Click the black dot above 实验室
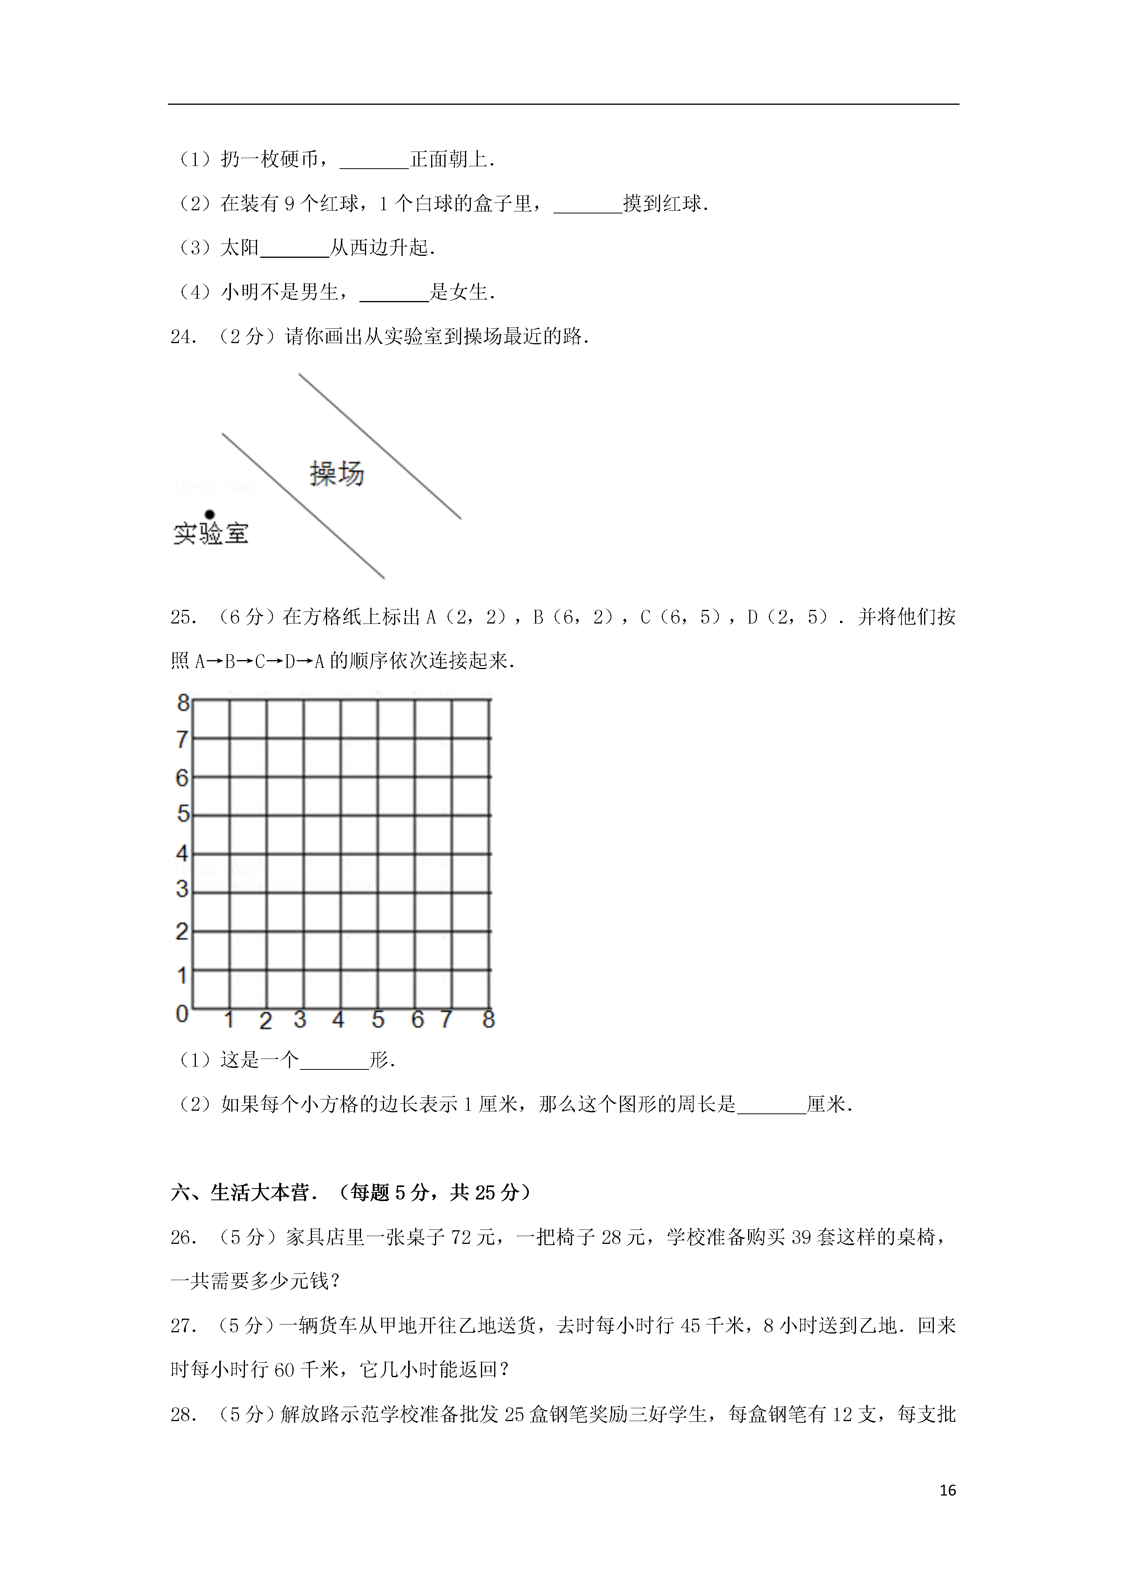[x=210, y=514]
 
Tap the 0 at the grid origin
[x=182, y=1014]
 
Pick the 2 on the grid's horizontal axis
[x=265, y=1021]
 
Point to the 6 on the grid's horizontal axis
[x=417, y=1019]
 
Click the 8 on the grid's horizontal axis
[x=488, y=1019]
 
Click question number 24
[x=183, y=337]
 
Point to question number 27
[x=183, y=1326]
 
